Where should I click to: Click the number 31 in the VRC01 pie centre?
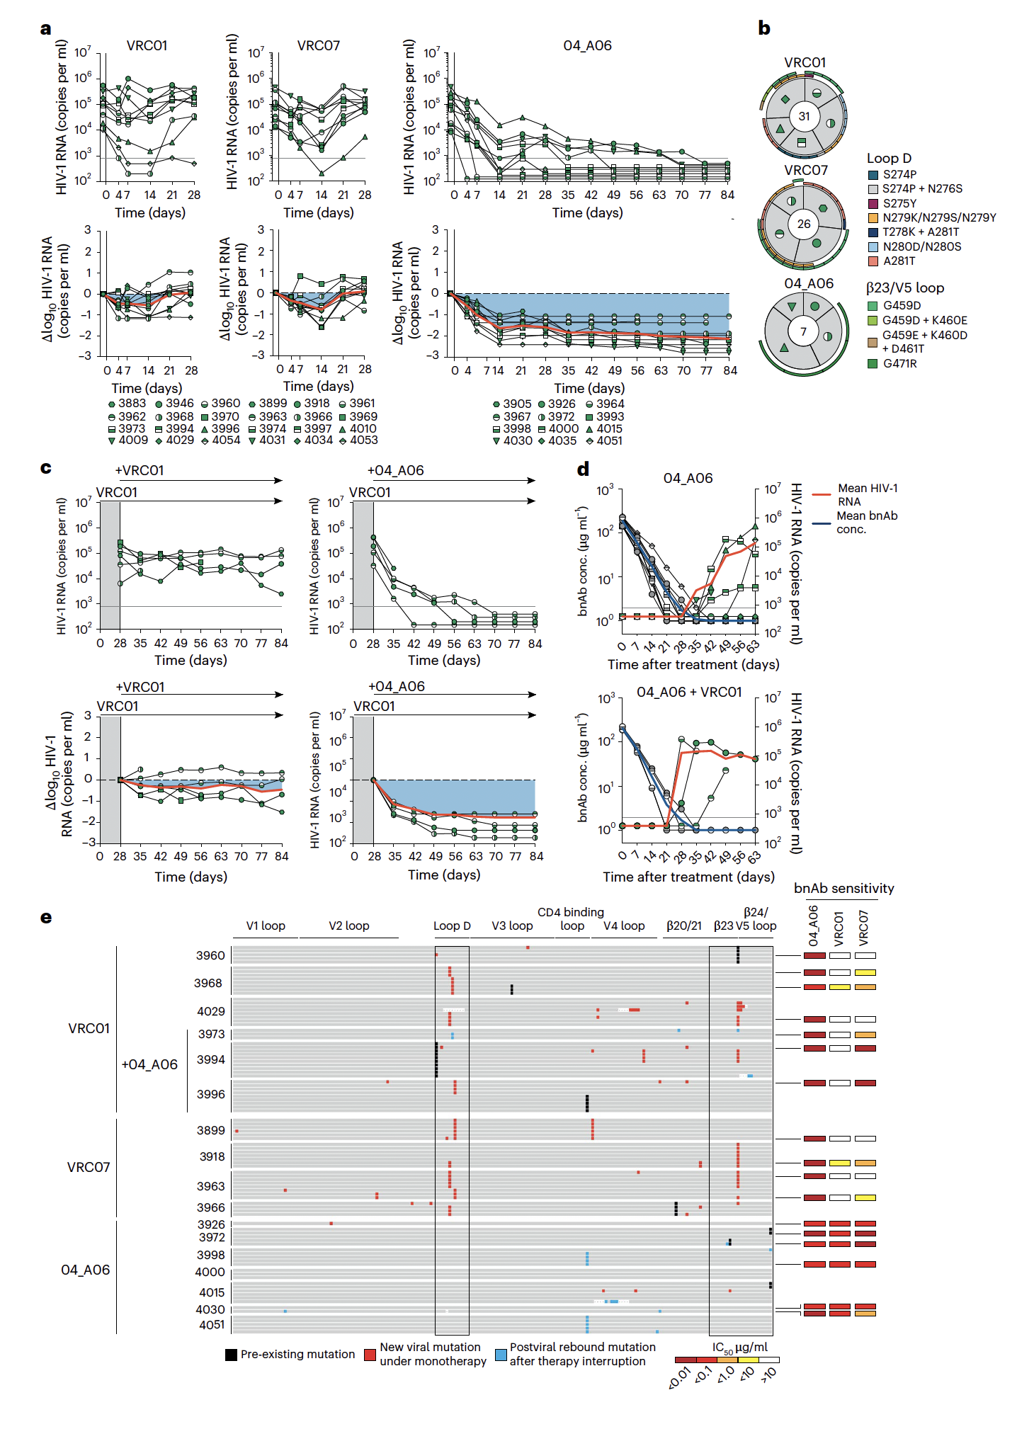(x=804, y=116)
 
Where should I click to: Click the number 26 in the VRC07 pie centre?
(x=804, y=224)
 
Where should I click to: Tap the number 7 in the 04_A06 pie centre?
(x=803, y=331)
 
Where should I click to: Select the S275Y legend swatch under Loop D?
(x=873, y=203)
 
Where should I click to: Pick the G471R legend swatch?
(x=873, y=363)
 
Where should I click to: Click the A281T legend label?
(x=899, y=261)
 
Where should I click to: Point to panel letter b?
(x=764, y=28)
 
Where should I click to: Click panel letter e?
(x=46, y=917)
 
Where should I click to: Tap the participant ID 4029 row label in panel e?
(x=210, y=1011)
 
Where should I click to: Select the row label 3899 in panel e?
(x=210, y=1130)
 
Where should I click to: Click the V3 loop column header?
(x=512, y=926)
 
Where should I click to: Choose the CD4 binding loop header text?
(x=571, y=918)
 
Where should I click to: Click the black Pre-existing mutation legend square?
(x=231, y=1355)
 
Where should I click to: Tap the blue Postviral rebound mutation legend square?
(x=501, y=1355)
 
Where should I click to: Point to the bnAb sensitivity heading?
(x=843, y=889)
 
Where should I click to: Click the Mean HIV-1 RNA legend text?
(x=867, y=494)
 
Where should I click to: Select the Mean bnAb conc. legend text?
(x=866, y=522)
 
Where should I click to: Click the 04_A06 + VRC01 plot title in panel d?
(x=688, y=692)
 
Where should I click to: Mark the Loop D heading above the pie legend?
(x=889, y=158)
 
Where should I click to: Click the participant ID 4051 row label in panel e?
(x=211, y=1324)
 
